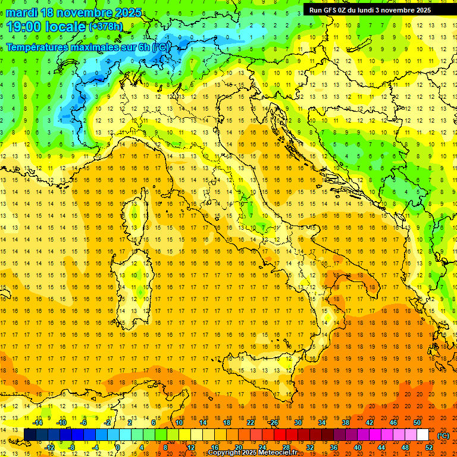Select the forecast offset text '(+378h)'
click(107, 27)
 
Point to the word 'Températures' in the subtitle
click(37, 46)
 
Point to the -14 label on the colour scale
click(37, 422)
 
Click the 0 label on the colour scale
click(117, 447)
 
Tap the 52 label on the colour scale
click(429, 447)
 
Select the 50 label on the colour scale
click(417, 422)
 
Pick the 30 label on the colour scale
click(298, 422)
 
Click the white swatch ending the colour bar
click(422, 435)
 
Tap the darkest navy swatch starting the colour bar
click(30, 435)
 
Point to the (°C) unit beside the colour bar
click(443, 435)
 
